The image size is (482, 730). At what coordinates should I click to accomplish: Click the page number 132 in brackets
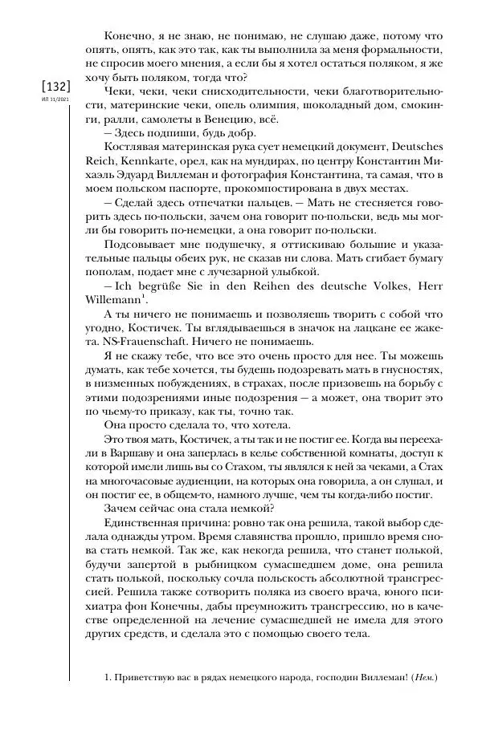49,86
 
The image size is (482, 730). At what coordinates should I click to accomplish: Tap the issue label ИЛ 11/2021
49,100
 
